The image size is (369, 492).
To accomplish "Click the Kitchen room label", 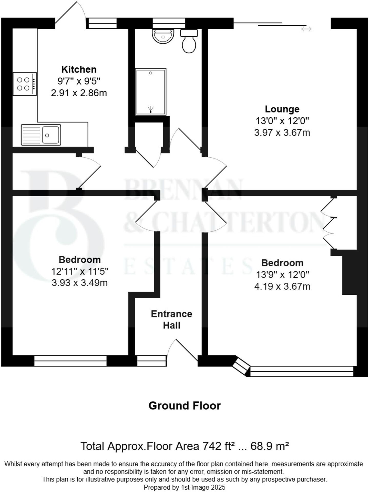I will (x=79, y=69).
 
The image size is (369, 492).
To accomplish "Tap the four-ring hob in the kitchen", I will (x=25, y=84).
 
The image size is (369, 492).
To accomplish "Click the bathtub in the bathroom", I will (x=151, y=92).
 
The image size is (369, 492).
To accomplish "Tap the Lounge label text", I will (x=282, y=109).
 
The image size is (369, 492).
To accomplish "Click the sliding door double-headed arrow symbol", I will (x=306, y=29).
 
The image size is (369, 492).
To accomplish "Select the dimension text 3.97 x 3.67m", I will (x=282, y=133).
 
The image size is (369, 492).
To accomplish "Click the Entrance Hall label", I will (x=171, y=320).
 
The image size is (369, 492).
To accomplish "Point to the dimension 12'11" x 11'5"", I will (x=80, y=271).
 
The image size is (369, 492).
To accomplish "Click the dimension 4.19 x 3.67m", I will (x=282, y=286).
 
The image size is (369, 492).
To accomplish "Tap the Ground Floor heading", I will (x=184, y=406).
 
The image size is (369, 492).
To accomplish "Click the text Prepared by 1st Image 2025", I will (x=184, y=487).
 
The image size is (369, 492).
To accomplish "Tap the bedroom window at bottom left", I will (x=70, y=361).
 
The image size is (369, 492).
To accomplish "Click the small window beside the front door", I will (x=152, y=361).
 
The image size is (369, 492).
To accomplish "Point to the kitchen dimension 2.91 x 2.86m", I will (x=79, y=93).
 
